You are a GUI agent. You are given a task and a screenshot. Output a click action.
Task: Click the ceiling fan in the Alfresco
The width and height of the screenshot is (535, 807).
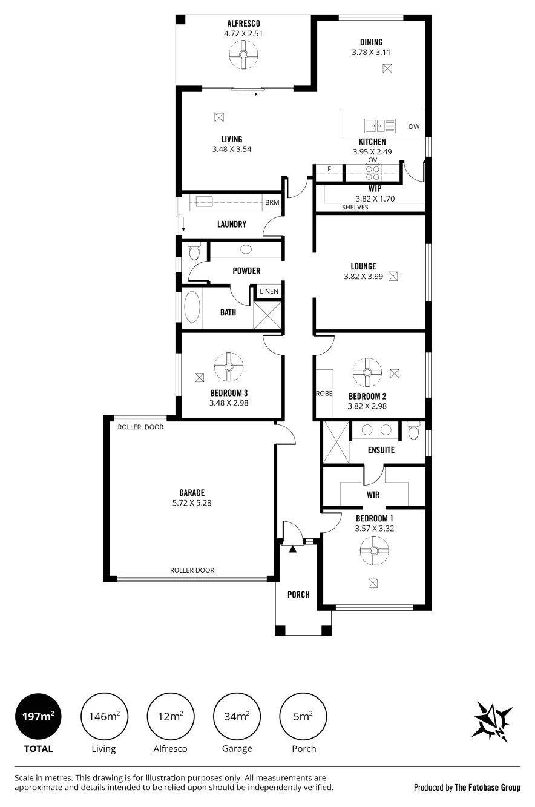coord(243,54)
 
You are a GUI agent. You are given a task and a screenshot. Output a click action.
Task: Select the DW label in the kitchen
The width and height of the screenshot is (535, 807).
coord(414,127)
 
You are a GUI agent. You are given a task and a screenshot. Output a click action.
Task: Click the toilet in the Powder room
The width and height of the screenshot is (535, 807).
coord(194,251)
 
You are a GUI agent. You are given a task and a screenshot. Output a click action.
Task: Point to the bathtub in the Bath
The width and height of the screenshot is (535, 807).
coord(192,308)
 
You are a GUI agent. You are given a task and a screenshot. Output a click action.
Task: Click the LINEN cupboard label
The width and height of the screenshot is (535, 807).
coord(269,291)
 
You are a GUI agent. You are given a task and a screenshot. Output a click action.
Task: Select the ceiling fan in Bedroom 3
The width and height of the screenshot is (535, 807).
coord(228,367)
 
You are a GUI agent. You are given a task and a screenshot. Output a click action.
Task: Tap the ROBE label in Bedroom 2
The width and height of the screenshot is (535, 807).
coord(324,394)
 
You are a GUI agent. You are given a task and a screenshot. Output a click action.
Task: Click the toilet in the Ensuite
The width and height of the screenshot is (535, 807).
coord(413,431)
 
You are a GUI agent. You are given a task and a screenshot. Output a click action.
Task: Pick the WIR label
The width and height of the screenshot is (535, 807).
coord(373,495)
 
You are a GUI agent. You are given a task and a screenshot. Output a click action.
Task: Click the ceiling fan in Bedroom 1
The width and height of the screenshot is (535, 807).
coord(375,551)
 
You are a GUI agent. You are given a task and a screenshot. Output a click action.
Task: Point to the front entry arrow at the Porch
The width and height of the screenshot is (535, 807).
coord(292,549)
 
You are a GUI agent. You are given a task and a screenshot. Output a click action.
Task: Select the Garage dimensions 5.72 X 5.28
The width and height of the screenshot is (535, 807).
coord(192,502)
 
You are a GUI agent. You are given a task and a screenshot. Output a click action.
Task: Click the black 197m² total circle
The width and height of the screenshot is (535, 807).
coord(38,717)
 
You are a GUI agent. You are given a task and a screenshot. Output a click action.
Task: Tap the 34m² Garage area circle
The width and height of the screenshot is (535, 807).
coord(237,717)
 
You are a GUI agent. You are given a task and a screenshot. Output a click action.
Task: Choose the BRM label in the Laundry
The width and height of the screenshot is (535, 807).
coord(272,202)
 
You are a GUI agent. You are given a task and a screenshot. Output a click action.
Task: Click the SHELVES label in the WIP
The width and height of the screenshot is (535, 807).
coord(355,207)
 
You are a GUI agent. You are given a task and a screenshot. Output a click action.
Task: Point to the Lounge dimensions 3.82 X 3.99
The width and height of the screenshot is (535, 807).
coord(363,276)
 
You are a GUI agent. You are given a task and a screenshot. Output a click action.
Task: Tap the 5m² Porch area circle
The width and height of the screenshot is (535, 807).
coord(303,717)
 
